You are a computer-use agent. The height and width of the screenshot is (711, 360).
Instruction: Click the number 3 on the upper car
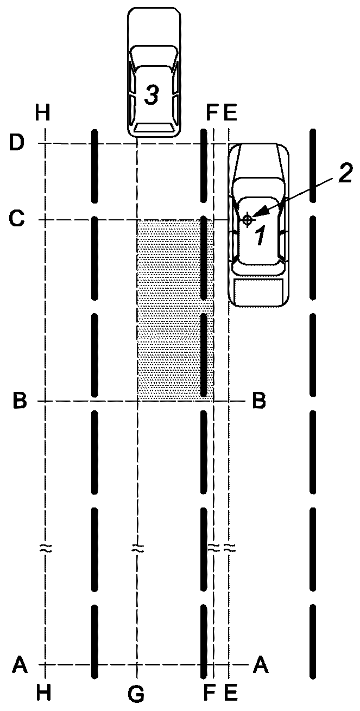(x=152, y=95)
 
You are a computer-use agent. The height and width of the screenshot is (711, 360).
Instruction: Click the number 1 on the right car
(x=261, y=235)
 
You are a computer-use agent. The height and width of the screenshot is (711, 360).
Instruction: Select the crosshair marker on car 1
(x=247, y=219)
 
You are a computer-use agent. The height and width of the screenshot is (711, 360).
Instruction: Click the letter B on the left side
(x=20, y=401)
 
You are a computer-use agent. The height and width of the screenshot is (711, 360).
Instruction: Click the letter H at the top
(x=43, y=112)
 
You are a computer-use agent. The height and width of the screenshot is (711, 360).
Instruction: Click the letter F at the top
(x=212, y=112)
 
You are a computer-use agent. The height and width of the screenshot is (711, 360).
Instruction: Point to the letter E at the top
(x=230, y=112)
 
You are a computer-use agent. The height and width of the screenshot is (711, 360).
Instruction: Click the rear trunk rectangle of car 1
(x=259, y=292)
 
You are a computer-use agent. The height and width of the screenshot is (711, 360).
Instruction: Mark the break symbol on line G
(x=137, y=549)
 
